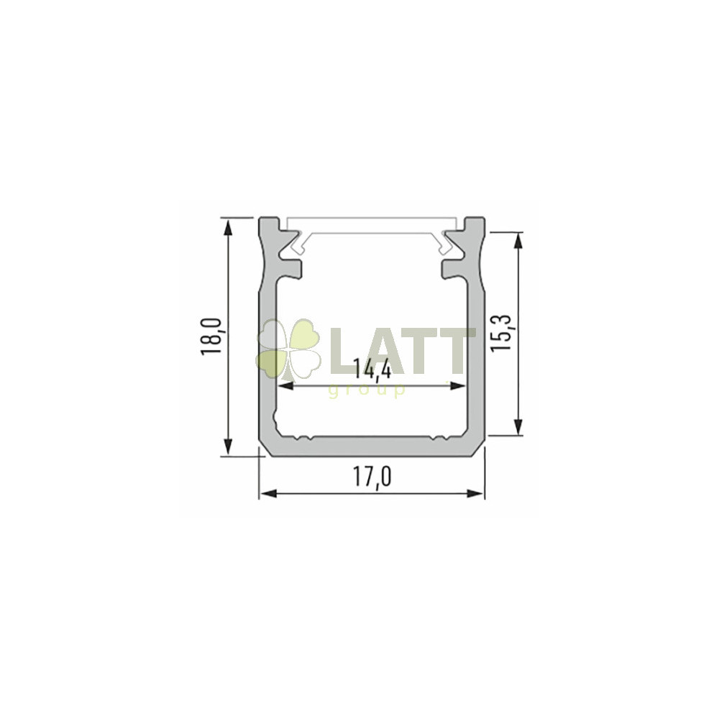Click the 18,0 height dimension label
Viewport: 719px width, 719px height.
(x=211, y=336)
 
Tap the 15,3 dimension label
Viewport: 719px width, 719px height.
(x=500, y=333)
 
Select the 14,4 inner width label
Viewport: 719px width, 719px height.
(x=372, y=370)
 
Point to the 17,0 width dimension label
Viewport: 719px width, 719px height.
(x=372, y=477)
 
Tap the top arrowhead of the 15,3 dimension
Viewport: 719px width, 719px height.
(x=518, y=241)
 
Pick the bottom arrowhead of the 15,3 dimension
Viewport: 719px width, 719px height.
(x=518, y=426)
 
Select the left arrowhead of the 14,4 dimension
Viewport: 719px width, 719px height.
(x=286, y=386)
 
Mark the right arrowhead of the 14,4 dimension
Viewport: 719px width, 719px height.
(x=457, y=386)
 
